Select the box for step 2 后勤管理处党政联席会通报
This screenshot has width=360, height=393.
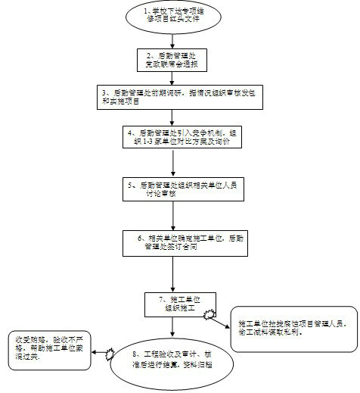[175, 60]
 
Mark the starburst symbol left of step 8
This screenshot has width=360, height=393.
[111, 353]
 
